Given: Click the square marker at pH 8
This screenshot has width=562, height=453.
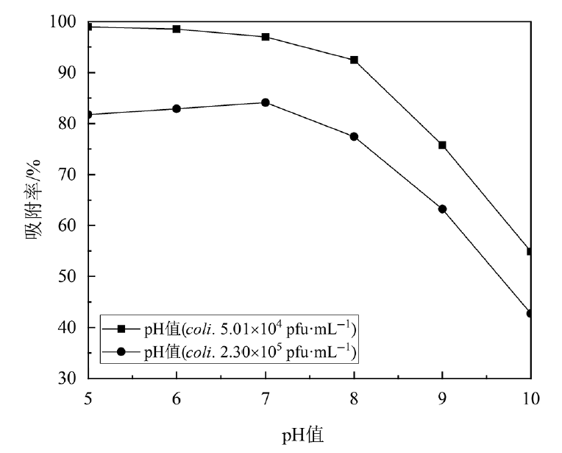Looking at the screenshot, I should (x=354, y=60).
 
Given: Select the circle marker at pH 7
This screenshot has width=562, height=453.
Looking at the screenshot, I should (x=266, y=102).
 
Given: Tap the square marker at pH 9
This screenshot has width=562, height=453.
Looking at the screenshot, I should (x=442, y=145).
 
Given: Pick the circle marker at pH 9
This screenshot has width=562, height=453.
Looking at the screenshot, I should (x=442, y=209).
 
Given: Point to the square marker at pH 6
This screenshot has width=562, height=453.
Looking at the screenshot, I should (x=177, y=29).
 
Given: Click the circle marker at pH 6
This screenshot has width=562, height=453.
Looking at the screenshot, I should (x=177, y=108).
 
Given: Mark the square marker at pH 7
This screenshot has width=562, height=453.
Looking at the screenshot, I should (x=266, y=37).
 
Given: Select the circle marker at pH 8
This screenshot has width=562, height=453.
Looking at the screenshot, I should (x=354, y=136).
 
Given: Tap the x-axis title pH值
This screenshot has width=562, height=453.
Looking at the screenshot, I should (x=302, y=435).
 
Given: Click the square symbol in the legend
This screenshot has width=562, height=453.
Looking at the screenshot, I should (x=123, y=327).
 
